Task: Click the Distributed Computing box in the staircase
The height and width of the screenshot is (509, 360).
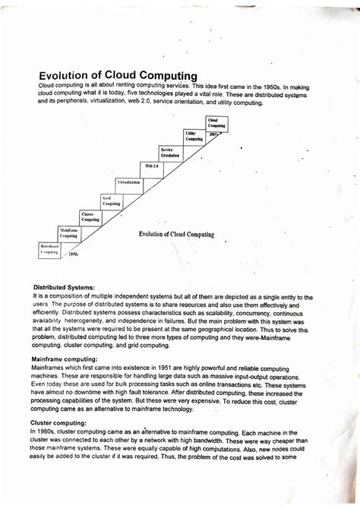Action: tap(49, 248)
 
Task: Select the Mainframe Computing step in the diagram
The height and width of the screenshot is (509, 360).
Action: tap(70, 232)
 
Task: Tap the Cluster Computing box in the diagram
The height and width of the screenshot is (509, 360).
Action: tap(90, 217)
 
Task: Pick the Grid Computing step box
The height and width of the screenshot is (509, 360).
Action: tap(111, 201)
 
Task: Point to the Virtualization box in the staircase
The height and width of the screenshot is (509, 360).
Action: tap(129, 183)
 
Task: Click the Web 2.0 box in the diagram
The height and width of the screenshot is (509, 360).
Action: tap(150, 165)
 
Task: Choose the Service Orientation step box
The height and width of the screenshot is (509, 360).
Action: tap(170, 152)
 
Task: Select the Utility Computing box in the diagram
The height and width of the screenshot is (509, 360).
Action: tap(194, 136)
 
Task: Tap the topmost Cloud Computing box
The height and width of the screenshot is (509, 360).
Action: tap(216, 122)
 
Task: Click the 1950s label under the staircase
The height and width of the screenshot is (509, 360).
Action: tap(74, 255)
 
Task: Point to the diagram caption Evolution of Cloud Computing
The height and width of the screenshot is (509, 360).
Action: tap(176, 235)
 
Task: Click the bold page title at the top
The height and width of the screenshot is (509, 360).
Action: tap(118, 75)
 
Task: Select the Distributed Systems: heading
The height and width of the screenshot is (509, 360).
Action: tap(63, 288)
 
